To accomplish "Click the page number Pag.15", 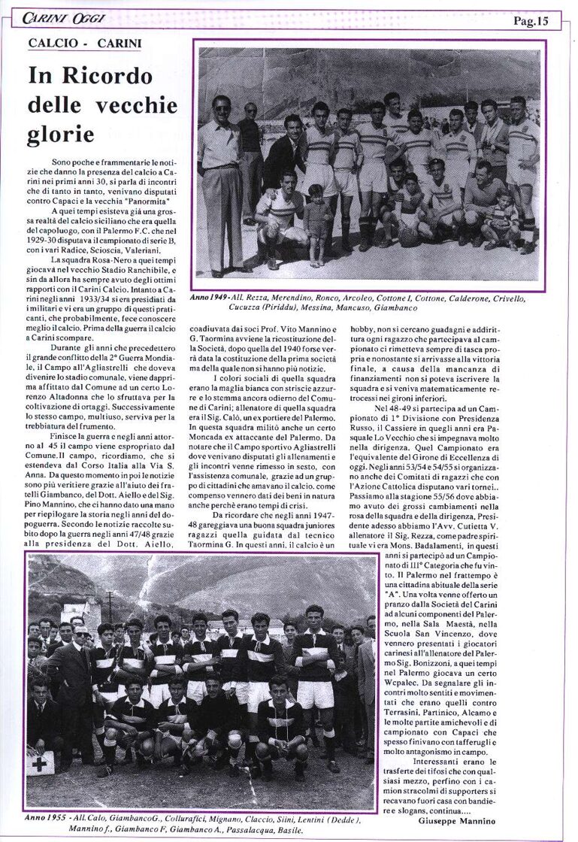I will coord(531,21).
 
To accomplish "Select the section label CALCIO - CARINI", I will coord(84,44).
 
